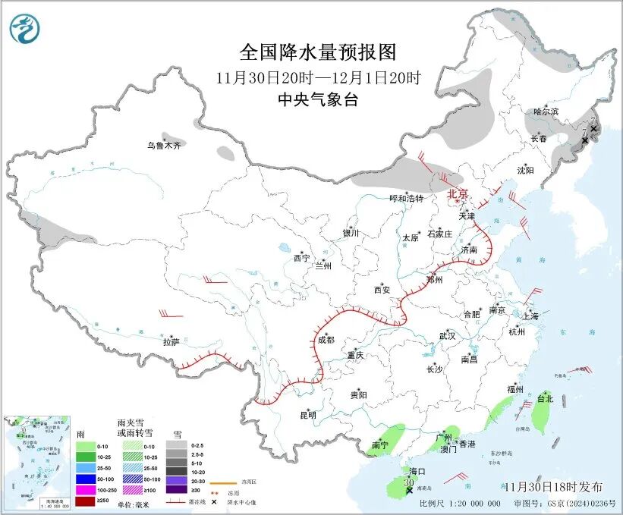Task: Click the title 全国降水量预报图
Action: (317, 52)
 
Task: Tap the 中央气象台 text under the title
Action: (317, 100)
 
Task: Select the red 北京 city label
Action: (458, 193)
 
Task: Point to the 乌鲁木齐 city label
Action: (165, 145)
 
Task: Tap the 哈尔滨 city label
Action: (545, 111)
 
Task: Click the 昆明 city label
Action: (307, 415)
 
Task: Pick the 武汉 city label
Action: (447, 335)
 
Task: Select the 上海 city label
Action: (531, 316)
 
